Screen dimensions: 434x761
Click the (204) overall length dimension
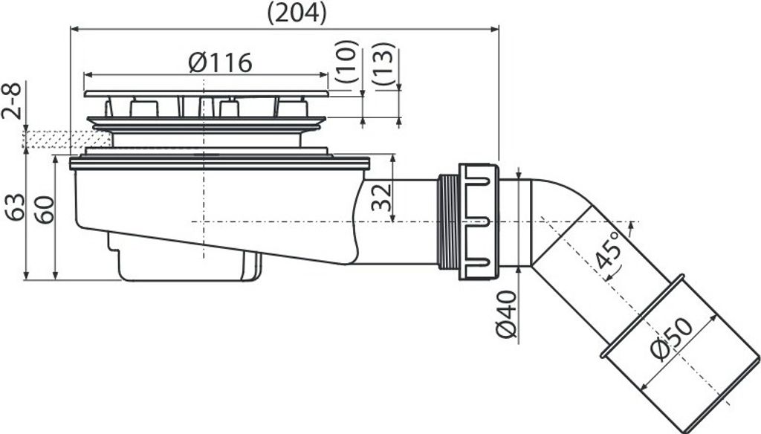(x=294, y=13)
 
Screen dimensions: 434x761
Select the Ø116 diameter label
(x=220, y=62)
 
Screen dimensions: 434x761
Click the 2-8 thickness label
(x=10, y=103)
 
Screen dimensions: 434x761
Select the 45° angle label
(x=608, y=250)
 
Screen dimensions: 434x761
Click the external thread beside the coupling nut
(x=447, y=221)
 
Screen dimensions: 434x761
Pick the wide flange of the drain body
(x=219, y=163)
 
